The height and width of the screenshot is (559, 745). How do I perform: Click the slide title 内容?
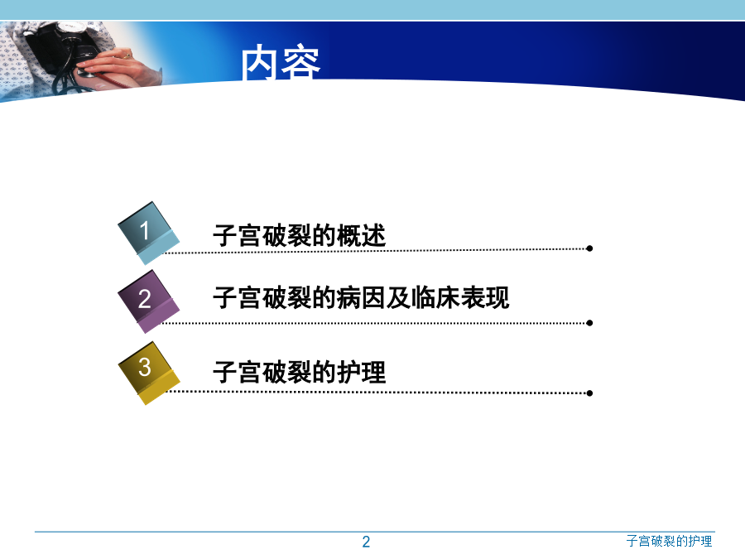tap(281, 62)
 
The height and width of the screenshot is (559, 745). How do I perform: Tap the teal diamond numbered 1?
tap(149, 233)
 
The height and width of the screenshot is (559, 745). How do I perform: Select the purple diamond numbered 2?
tap(149, 301)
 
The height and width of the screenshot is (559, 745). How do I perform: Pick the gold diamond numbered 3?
tap(149, 373)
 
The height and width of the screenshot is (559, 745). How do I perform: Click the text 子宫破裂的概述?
tap(300, 235)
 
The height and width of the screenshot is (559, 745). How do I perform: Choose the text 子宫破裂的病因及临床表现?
tap(361, 297)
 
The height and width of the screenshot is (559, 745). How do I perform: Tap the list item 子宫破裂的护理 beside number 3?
tap(300, 372)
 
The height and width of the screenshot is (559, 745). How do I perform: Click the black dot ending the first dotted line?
tap(589, 248)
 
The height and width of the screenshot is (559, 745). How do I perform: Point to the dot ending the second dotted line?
tap(589, 323)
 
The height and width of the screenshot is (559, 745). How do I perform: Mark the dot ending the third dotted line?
tap(589, 393)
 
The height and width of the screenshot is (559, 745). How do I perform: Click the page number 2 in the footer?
tap(366, 542)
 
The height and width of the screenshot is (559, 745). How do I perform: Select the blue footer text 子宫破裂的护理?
tap(669, 541)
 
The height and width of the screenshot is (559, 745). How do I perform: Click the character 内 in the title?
tap(259, 62)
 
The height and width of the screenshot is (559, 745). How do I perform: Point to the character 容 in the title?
tap(301, 62)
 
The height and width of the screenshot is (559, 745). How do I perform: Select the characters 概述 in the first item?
tap(361, 235)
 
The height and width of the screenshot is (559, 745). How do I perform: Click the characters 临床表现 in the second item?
tap(460, 297)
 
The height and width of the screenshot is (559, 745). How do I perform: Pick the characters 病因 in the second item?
tap(361, 297)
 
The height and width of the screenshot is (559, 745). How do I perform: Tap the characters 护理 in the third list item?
tap(361, 372)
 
